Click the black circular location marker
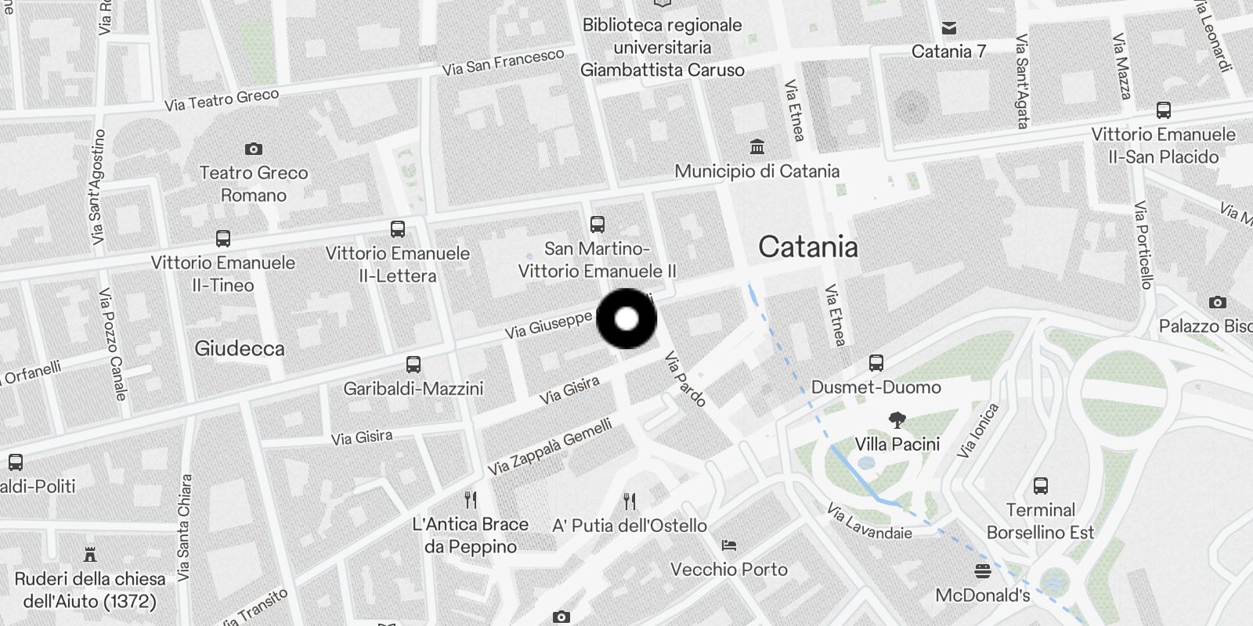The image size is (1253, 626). click(626, 319)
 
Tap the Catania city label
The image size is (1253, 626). click(808, 247)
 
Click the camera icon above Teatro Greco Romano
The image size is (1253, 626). click(254, 149)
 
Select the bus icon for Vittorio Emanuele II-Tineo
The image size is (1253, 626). click(223, 238)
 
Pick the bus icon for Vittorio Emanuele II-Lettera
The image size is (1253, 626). click(398, 229)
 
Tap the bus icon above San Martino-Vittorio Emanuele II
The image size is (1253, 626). click(598, 225)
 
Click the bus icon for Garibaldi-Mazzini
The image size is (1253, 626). click(413, 365)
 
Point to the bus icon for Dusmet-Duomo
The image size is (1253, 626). click(876, 363)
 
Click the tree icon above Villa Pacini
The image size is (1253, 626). click(897, 421)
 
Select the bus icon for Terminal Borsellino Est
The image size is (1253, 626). click(1041, 486)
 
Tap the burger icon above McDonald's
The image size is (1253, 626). click(983, 570)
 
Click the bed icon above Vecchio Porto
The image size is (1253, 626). click(729, 545)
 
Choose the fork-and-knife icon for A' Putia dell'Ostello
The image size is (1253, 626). click(630, 501)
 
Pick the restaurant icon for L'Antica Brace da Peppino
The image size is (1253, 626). click(471, 499)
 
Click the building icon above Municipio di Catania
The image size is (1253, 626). click(757, 146)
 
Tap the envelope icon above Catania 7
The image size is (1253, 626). click(949, 28)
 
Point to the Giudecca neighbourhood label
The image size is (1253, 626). click(240, 348)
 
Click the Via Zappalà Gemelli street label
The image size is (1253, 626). click(550, 447)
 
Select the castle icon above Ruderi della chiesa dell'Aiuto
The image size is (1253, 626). click(90, 555)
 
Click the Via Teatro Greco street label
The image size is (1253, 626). click(222, 100)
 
